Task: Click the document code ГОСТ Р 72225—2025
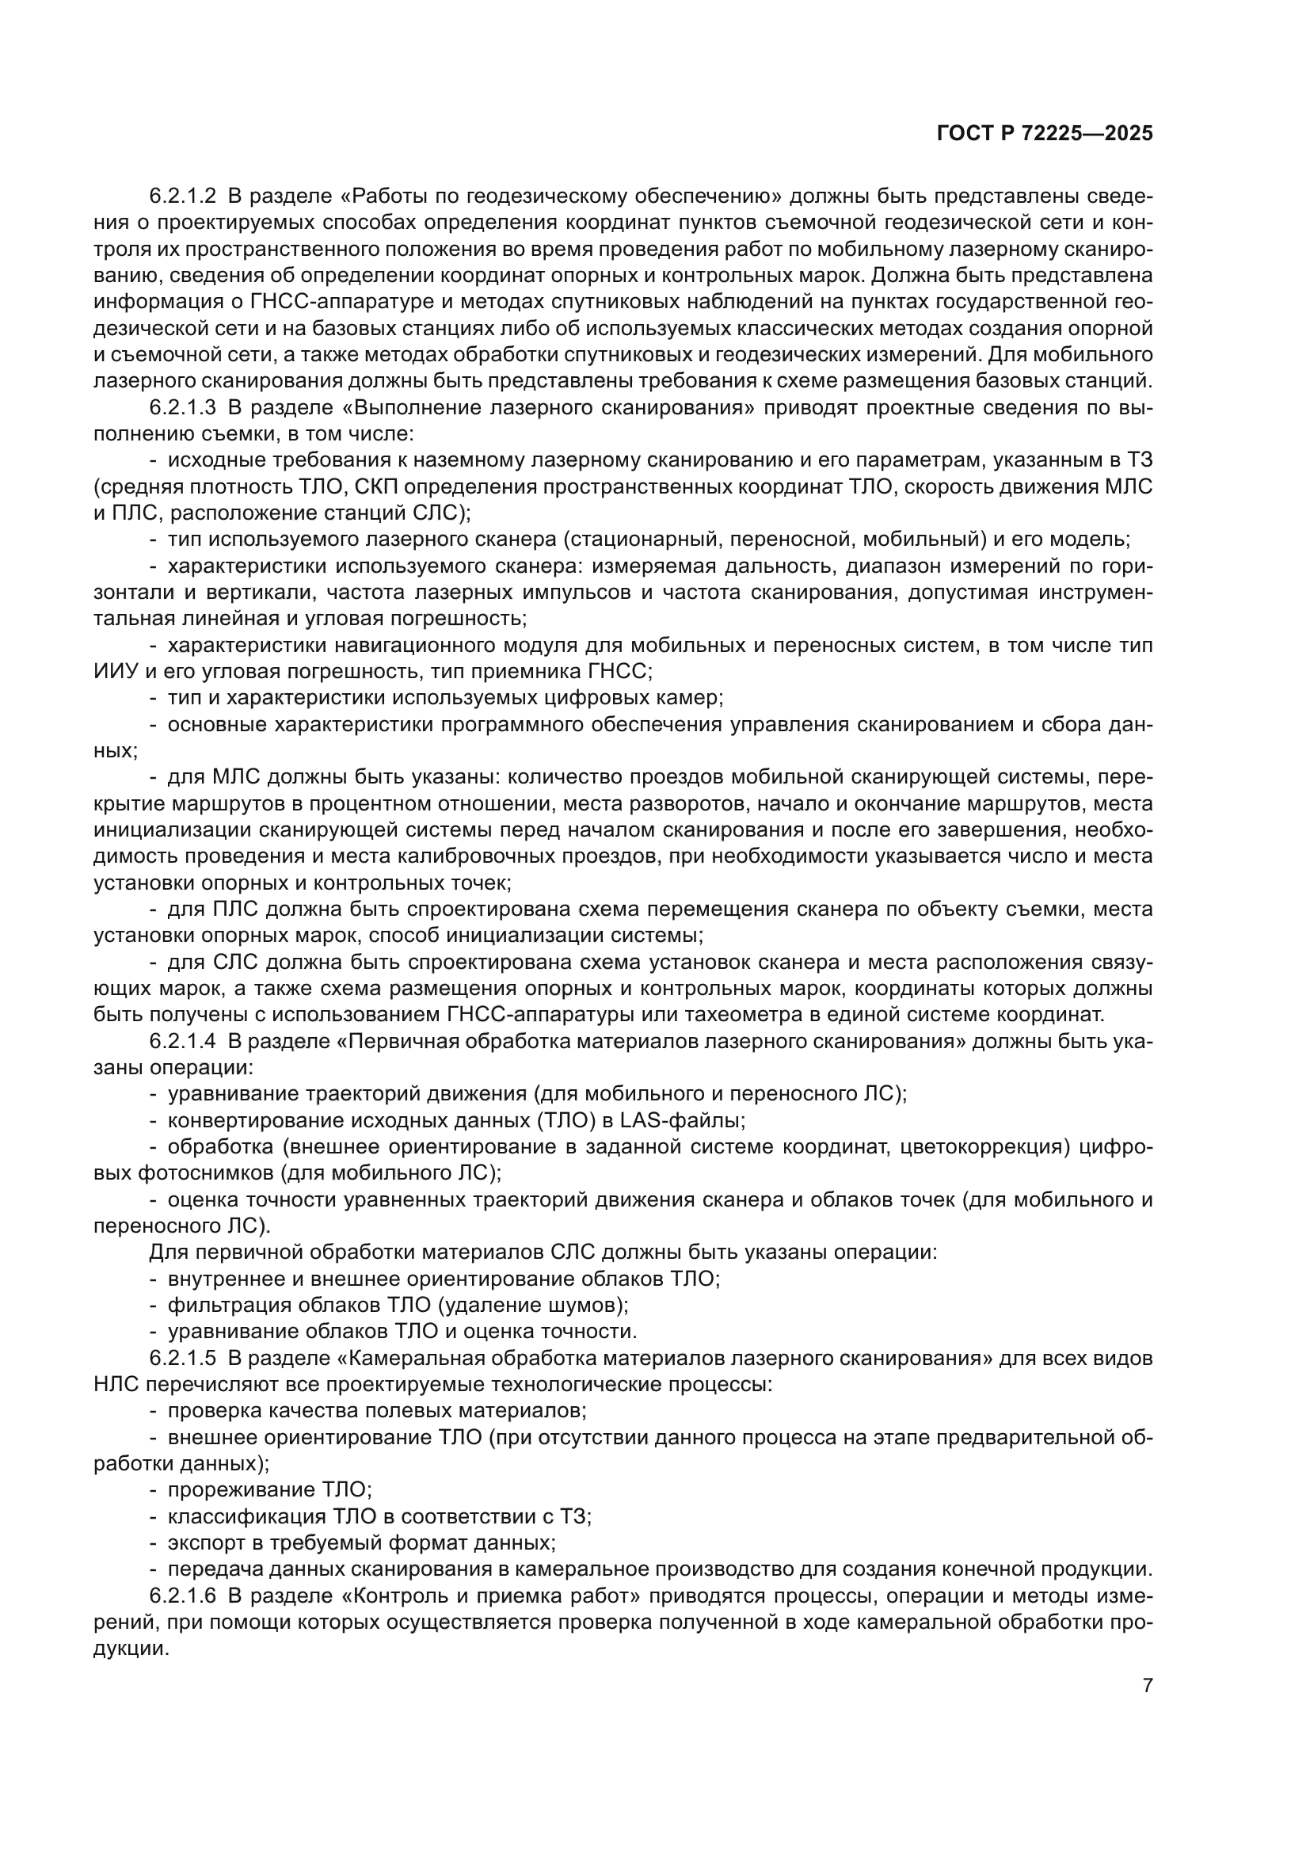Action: (1045, 134)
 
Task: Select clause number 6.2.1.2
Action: (183, 196)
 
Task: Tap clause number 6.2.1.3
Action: (183, 407)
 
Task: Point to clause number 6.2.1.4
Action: (183, 1042)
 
